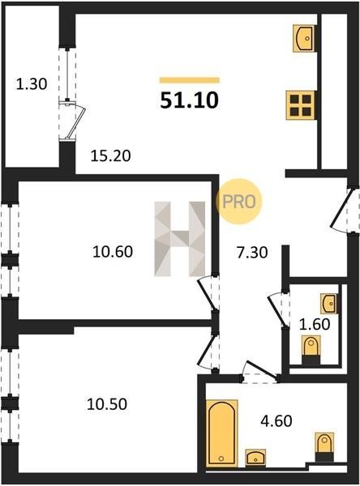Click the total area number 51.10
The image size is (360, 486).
coord(190,100)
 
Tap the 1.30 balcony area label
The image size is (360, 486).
coord(32,84)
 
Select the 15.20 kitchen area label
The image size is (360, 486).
coord(110,156)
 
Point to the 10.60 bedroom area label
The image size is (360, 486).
coord(113,251)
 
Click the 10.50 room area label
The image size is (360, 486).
coord(107,404)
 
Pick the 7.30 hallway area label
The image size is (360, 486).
coord(252,252)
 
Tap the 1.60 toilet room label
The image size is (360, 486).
coord(315,324)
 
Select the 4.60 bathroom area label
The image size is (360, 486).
coord(276,421)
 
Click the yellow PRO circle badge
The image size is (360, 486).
coord(239,202)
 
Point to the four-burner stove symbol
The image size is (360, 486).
coord(300,105)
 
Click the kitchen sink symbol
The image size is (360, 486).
coord(304,38)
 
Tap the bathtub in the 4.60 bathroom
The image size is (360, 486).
coord(222,433)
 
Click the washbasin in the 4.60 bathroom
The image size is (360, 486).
coord(255,457)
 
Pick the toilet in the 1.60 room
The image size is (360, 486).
coord(311,350)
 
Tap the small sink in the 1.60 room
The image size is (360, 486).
coord(328,304)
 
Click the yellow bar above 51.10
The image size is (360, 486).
coord(189,80)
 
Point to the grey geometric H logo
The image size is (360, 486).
coord(180,239)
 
